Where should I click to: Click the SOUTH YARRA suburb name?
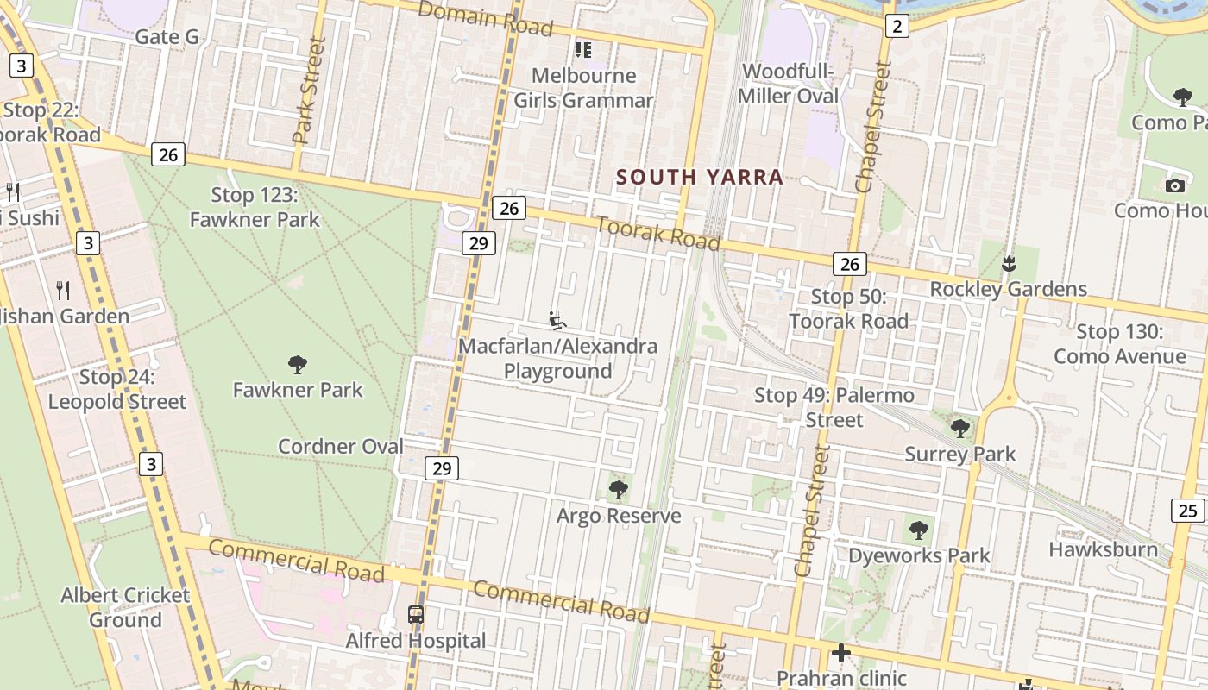pyautogui.click(x=700, y=177)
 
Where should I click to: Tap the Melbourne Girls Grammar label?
pyautogui.click(x=584, y=88)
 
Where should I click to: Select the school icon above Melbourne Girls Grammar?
pyautogui.click(x=583, y=50)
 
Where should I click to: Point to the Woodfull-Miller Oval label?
pyautogui.click(x=789, y=84)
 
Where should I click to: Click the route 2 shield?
pyautogui.click(x=897, y=27)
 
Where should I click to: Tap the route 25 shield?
pyautogui.click(x=1188, y=511)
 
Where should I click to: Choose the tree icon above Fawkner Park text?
pyautogui.click(x=298, y=365)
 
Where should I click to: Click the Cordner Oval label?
pyautogui.click(x=340, y=446)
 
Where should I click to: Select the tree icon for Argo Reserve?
pyautogui.click(x=618, y=490)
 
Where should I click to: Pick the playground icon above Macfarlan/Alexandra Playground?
pyautogui.click(x=558, y=321)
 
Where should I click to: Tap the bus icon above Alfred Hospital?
pyautogui.click(x=416, y=615)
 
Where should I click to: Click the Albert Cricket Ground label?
pyautogui.click(x=126, y=607)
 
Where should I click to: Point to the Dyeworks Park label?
pyautogui.click(x=919, y=555)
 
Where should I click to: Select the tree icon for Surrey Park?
pyautogui.click(x=959, y=428)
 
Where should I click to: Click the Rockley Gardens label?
pyautogui.click(x=1008, y=289)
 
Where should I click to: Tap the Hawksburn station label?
pyautogui.click(x=1103, y=549)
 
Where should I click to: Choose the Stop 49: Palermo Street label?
pyautogui.click(x=834, y=407)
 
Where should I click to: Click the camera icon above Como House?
pyautogui.click(x=1174, y=185)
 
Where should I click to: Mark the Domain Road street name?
pyautogui.click(x=486, y=19)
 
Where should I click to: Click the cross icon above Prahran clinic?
pyautogui.click(x=841, y=653)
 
